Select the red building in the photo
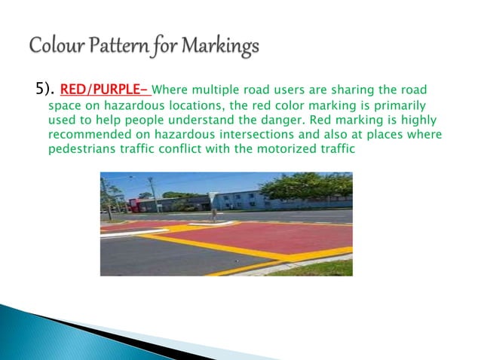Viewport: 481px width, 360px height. click(143, 203)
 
